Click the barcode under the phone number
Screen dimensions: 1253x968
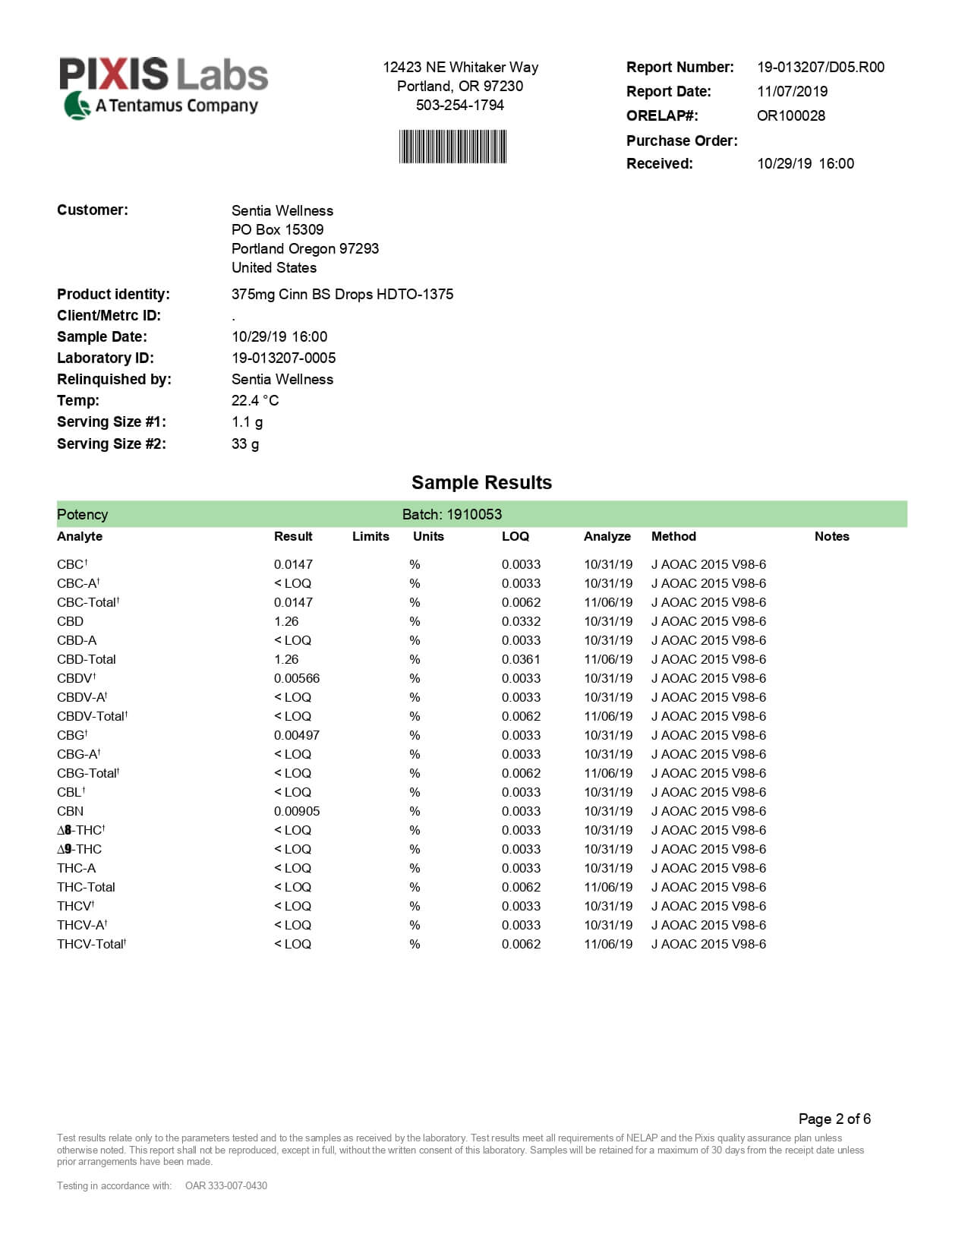(x=452, y=147)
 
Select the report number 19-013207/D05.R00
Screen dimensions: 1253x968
(x=820, y=67)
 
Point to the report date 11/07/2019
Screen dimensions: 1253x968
(x=792, y=91)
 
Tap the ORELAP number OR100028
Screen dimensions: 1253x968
(x=790, y=115)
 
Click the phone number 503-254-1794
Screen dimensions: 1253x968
(x=459, y=105)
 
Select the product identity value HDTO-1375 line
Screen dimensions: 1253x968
(x=342, y=294)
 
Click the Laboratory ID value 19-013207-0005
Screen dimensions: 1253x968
(x=283, y=358)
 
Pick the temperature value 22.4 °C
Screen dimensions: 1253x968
(x=254, y=400)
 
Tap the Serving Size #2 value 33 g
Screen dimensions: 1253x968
(x=244, y=443)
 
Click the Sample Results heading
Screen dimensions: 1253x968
(x=481, y=482)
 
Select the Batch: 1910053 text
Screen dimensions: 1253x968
(x=452, y=514)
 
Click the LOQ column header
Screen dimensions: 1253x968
(x=515, y=536)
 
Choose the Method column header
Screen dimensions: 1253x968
(x=673, y=536)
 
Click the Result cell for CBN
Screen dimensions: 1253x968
(x=296, y=811)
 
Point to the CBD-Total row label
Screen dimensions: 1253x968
(x=86, y=659)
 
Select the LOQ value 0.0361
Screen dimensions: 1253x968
(x=521, y=659)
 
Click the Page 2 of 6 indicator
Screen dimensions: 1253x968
(x=834, y=1119)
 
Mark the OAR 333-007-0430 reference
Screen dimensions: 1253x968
(x=225, y=1185)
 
